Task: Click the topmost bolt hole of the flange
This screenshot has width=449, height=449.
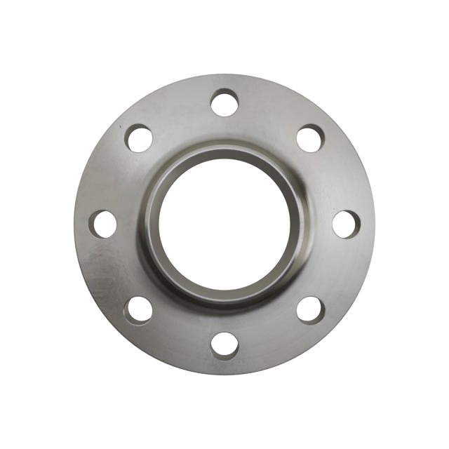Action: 224,103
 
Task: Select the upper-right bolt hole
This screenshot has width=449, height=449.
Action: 310,138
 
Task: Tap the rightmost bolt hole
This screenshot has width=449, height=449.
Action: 346,224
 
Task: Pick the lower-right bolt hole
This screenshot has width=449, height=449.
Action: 310,309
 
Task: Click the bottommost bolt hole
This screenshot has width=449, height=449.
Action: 224,345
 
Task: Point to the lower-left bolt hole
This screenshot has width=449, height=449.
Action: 139,309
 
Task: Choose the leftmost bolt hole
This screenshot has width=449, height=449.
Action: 103,224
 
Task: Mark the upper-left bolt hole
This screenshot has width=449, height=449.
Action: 139,138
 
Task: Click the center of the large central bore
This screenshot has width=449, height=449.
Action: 224,224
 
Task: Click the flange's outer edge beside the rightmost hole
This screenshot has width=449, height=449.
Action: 370,224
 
